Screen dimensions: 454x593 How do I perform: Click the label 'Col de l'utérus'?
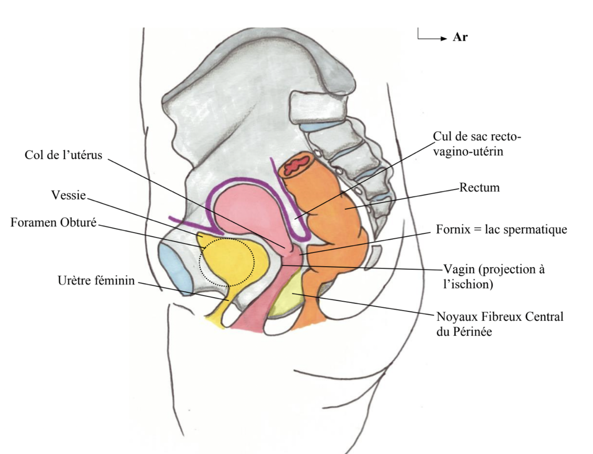pos(63,155)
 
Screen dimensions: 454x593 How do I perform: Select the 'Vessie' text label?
pos(68,195)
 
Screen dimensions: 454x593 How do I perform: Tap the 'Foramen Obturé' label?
pos(53,222)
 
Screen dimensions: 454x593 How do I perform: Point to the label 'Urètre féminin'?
pos(96,281)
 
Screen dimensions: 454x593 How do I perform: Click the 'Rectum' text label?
pos(480,187)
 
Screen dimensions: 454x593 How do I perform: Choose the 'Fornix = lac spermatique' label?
pos(501,229)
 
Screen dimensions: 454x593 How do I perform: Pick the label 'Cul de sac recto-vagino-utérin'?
pos(476,144)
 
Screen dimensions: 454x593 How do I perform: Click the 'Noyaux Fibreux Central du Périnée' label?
pos(500,324)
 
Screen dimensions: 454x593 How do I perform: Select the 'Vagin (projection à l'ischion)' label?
pos(494,276)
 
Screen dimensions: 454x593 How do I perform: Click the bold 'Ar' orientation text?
pos(460,37)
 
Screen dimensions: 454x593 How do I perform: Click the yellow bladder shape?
pos(229,260)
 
